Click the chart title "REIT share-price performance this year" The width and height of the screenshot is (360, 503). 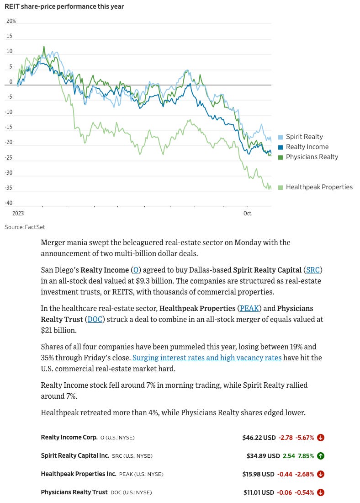(x=64, y=6)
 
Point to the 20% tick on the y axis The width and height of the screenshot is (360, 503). (x=11, y=21)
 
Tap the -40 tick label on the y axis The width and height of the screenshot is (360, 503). (x=9, y=203)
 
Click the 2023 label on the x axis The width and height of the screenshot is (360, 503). (x=18, y=214)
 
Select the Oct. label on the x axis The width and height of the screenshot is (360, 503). (x=248, y=214)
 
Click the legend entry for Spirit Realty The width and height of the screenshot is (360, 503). (x=304, y=137)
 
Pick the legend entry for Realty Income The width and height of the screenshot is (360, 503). (x=307, y=147)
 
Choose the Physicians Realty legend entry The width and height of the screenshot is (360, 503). (x=312, y=157)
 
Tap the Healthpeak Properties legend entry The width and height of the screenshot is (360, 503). (x=319, y=187)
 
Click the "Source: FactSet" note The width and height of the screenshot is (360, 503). (x=25, y=227)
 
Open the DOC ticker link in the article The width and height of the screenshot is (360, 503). (x=95, y=319)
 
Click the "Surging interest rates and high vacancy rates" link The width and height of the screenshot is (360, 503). (x=207, y=358)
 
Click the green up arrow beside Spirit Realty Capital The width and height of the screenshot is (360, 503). (x=321, y=456)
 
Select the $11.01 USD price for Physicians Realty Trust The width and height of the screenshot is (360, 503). (x=259, y=492)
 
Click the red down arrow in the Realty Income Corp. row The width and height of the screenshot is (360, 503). (x=321, y=438)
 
